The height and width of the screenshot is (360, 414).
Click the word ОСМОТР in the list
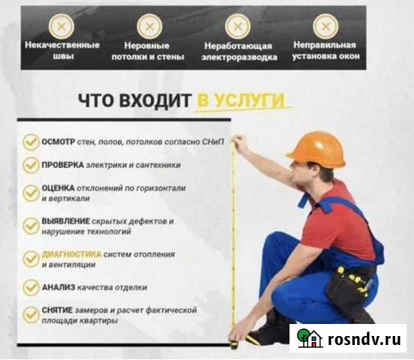(x=59, y=140)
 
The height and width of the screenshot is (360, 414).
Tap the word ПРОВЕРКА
(x=63, y=163)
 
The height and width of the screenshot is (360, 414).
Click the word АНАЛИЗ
(x=59, y=286)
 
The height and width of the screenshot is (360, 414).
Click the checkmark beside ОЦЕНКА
(x=31, y=193)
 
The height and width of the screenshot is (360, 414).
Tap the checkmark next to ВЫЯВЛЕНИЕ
(x=31, y=226)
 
